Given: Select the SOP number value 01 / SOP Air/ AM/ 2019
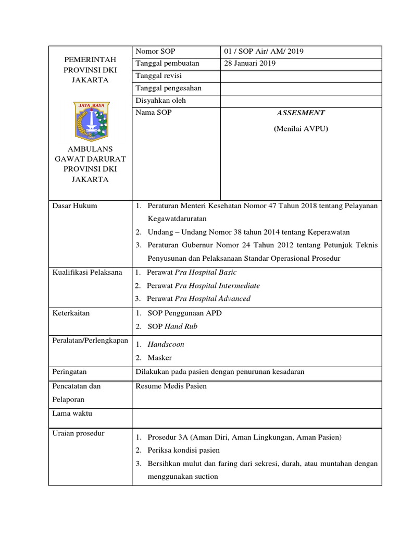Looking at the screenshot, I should point(264,51).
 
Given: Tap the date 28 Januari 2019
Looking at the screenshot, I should point(249,64).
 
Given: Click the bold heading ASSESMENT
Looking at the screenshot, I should point(301,113).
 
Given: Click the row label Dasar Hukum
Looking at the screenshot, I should point(74,206).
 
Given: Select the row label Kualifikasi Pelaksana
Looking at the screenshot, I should point(87,272).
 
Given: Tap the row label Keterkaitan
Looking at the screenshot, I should point(71,313).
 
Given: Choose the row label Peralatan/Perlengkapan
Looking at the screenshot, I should point(90,340).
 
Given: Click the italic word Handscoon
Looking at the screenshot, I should point(166,345).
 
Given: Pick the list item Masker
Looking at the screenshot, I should point(159,358).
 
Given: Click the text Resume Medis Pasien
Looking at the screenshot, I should point(171,386).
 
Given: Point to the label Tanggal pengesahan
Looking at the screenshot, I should point(168,88).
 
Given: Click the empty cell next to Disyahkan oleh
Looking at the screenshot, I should point(301,101).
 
